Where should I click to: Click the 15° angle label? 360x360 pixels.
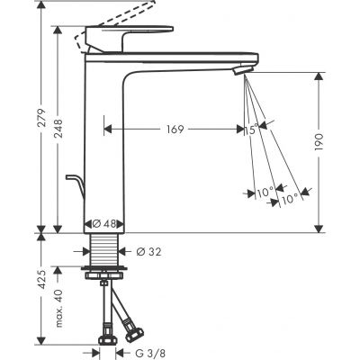[253, 130]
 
